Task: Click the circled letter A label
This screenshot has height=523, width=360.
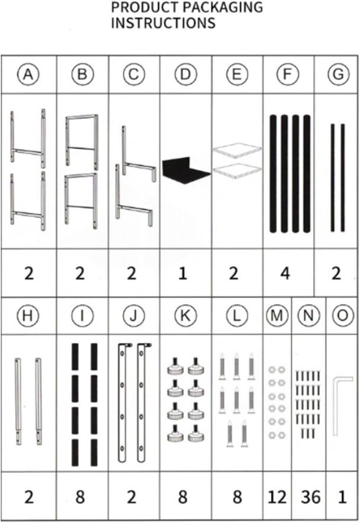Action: pos(29,75)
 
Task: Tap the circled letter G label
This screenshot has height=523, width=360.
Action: pos(338,75)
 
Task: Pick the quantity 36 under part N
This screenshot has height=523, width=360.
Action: pos(310,497)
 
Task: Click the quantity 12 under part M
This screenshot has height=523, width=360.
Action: pos(277,497)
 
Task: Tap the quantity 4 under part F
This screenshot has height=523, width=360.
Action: pos(285,273)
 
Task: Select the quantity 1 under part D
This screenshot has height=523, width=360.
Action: pos(183,273)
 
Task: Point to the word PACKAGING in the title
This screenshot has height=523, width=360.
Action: pos(223,7)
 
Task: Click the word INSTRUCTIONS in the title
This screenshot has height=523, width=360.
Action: pos(163,23)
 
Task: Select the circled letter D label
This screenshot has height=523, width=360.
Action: pos(186,75)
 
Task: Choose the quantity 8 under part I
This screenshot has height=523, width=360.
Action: pos(80,497)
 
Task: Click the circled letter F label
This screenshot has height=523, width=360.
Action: pos(288,75)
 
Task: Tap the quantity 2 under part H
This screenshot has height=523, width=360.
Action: pos(29,497)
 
